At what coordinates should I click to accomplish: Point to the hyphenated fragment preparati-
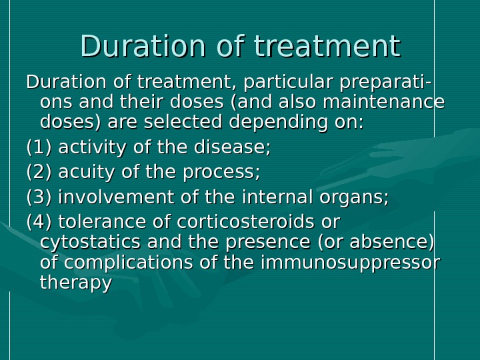click(385, 83)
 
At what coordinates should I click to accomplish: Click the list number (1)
click(39, 147)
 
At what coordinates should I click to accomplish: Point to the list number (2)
click(39, 172)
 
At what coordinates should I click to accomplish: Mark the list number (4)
click(39, 221)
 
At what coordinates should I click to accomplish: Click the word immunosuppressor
click(349, 263)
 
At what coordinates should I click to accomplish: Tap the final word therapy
click(75, 283)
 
